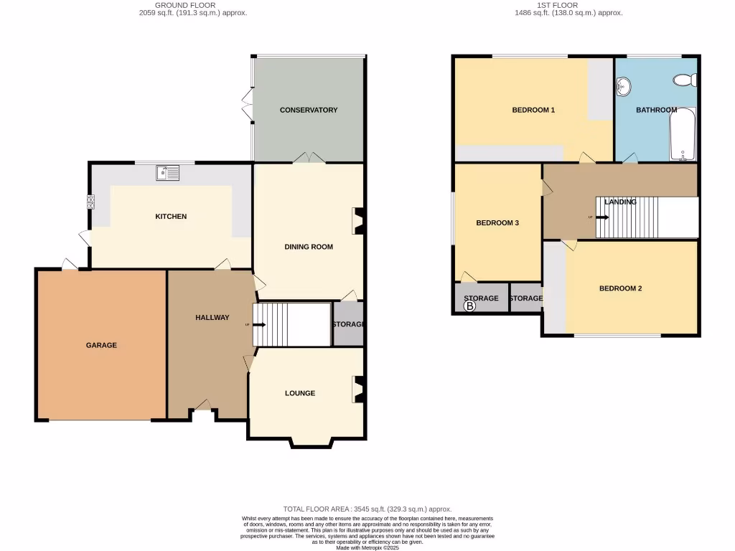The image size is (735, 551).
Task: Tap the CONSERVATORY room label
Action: (309, 110)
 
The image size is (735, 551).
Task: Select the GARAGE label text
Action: (101, 345)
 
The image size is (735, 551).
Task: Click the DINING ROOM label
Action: (309, 247)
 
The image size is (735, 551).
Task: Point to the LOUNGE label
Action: (299, 393)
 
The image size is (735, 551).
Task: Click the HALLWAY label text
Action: (212, 317)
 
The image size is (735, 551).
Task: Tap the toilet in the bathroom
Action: (685, 80)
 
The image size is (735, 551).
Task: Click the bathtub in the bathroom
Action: (683, 135)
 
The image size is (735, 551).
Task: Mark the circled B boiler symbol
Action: (470, 306)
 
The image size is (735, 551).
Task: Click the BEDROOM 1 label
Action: (533, 110)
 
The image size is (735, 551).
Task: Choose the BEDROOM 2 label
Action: (620, 288)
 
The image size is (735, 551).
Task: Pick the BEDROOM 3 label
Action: (497, 222)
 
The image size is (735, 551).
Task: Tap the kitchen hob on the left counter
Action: (91, 202)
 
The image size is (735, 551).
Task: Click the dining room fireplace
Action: (356, 221)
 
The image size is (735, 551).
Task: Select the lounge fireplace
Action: (356, 390)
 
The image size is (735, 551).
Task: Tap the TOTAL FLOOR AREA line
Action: (367, 509)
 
